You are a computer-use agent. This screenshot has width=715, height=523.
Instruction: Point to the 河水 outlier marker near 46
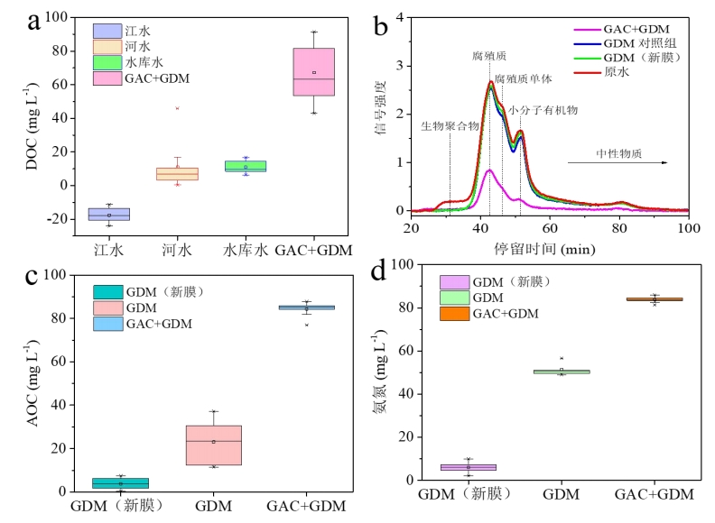pyautogui.click(x=177, y=108)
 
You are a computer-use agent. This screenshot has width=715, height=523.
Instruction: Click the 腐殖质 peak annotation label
pyautogui.click(x=487, y=56)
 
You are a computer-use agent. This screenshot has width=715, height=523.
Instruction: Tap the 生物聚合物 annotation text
pyautogui.click(x=450, y=126)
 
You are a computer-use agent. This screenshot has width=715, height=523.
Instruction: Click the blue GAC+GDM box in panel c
pyautogui.click(x=307, y=307)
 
